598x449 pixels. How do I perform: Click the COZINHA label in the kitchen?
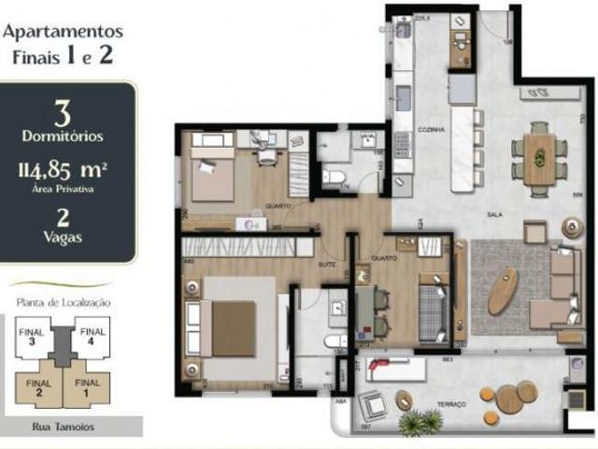(431, 129)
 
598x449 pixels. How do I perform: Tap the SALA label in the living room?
(495, 214)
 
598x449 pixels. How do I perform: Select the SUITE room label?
(327, 239)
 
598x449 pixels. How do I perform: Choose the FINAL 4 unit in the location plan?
(91, 336)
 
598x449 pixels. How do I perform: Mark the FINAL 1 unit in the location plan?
(87, 387)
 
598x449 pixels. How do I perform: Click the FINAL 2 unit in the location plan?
(37, 387)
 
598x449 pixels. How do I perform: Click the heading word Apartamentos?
(63, 31)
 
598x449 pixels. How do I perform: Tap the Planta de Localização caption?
(64, 302)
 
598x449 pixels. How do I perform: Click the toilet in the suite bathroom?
(335, 340)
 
